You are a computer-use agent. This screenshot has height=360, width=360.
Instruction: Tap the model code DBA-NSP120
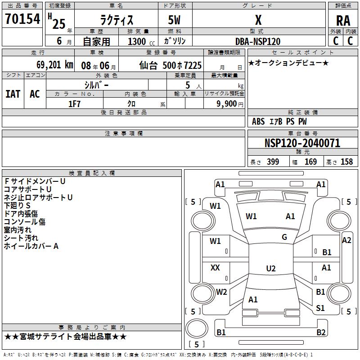tap(258, 41)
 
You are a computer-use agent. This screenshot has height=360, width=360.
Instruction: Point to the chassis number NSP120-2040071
tap(302, 143)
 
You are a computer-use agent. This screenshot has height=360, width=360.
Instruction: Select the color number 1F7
tap(74, 104)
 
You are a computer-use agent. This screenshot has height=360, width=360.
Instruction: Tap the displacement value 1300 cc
tap(139, 41)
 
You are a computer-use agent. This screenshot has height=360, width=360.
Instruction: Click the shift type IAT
tap(13, 94)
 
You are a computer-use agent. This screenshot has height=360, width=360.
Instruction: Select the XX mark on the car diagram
tap(216, 268)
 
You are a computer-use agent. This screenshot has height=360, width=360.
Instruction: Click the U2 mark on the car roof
tap(270, 269)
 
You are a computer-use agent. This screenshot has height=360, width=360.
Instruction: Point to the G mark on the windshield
tap(284, 237)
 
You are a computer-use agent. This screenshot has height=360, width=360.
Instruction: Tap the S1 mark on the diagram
tap(320, 308)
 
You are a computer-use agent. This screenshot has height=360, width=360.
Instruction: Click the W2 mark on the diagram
tap(221, 292)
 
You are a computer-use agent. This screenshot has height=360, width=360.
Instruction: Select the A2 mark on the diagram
tap(346, 240)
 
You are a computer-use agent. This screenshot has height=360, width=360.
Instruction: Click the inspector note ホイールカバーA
tap(31, 246)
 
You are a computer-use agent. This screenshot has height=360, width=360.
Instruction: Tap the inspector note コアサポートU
tap(27, 189)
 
